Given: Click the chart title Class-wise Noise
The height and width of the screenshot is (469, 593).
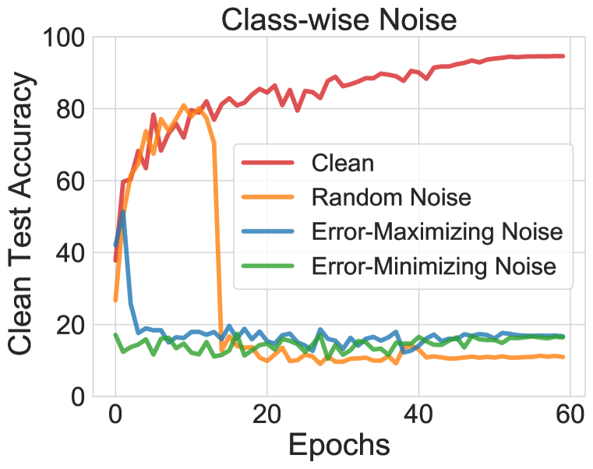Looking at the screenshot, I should coord(337,18).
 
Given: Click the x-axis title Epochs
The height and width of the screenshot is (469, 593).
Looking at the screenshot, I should coord(339,445).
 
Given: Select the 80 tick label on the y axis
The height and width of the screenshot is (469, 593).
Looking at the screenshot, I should coord(68,109).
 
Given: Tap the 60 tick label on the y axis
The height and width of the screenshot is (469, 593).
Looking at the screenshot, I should coord(68,181).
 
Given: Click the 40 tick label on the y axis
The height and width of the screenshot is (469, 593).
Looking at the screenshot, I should coord(68,252).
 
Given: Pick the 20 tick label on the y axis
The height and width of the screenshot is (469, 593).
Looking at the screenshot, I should coord(68,324).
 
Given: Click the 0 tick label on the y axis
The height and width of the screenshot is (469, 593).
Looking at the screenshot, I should coord(76,396).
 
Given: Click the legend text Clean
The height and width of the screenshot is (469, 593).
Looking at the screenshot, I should coord(342,164).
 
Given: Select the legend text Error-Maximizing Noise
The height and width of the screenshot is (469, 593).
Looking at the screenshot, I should coord(436,232).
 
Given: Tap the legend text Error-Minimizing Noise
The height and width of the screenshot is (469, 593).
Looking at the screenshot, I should coord(433,266).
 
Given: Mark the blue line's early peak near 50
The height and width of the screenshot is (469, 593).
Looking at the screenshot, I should coord(123,212).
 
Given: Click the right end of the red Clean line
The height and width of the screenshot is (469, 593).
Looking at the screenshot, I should coord(563,56).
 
